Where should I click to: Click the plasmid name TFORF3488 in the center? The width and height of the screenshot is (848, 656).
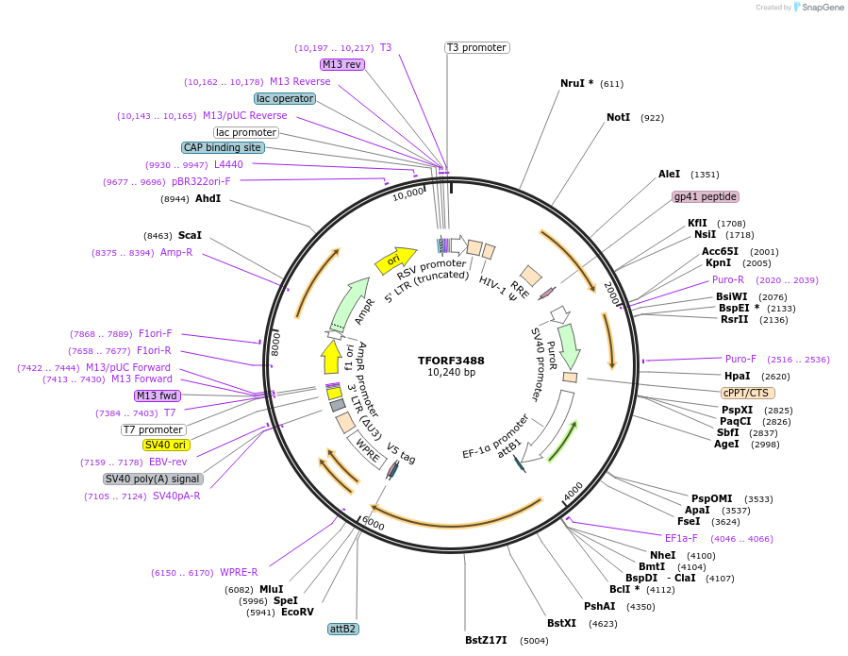tap(451, 361)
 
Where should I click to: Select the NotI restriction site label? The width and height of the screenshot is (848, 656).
tap(618, 118)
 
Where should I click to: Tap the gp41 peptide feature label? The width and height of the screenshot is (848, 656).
tap(705, 197)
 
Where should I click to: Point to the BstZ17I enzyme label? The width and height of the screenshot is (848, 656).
tap(486, 640)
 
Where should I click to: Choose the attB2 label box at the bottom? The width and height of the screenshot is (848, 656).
tap(342, 629)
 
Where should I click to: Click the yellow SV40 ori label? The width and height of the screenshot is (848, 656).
tap(166, 445)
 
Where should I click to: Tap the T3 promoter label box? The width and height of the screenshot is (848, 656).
tap(476, 47)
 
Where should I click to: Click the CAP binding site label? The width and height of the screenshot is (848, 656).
tap(223, 147)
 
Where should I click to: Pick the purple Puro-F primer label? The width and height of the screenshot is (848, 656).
tap(740, 359)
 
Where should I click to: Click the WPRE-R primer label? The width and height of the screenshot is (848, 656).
tap(239, 572)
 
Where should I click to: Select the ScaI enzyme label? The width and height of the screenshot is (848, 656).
tap(190, 235)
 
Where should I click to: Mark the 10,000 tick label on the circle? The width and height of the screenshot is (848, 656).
tap(408, 194)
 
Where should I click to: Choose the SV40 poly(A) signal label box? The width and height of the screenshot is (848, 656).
tap(153, 479)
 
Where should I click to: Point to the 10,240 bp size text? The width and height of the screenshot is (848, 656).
tap(451, 373)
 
